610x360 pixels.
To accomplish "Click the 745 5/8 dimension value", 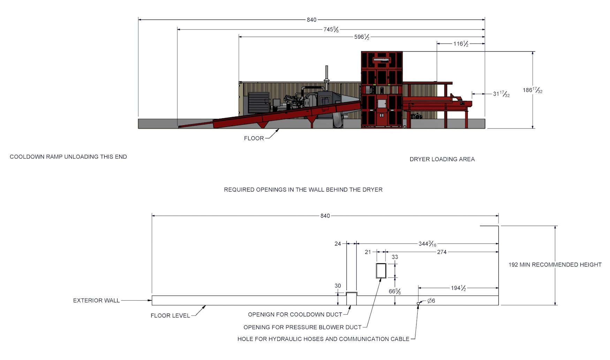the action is pyautogui.click(x=331, y=29).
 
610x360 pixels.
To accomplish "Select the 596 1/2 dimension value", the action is pyautogui.click(x=361, y=37).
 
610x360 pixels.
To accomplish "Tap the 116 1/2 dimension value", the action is pyautogui.click(x=460, y=44).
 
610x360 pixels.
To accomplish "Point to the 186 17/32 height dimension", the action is pyautogui.click(x=532, y=90).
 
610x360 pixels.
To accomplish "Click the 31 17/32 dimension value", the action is pyautogui.click(x=501, y=94).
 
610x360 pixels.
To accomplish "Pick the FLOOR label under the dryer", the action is pyautogui.click(x=254, y=138).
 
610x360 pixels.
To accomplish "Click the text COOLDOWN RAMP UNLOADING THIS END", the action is pyautogui.click(x=68, y=157).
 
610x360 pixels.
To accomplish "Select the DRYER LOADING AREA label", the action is pyautogui.click(x=442, y=159).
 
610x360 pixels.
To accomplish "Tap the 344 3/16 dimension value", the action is pyautogui.click(x=427, y=243).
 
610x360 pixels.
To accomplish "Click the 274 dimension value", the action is pyautogui.click(x=442, y=252).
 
